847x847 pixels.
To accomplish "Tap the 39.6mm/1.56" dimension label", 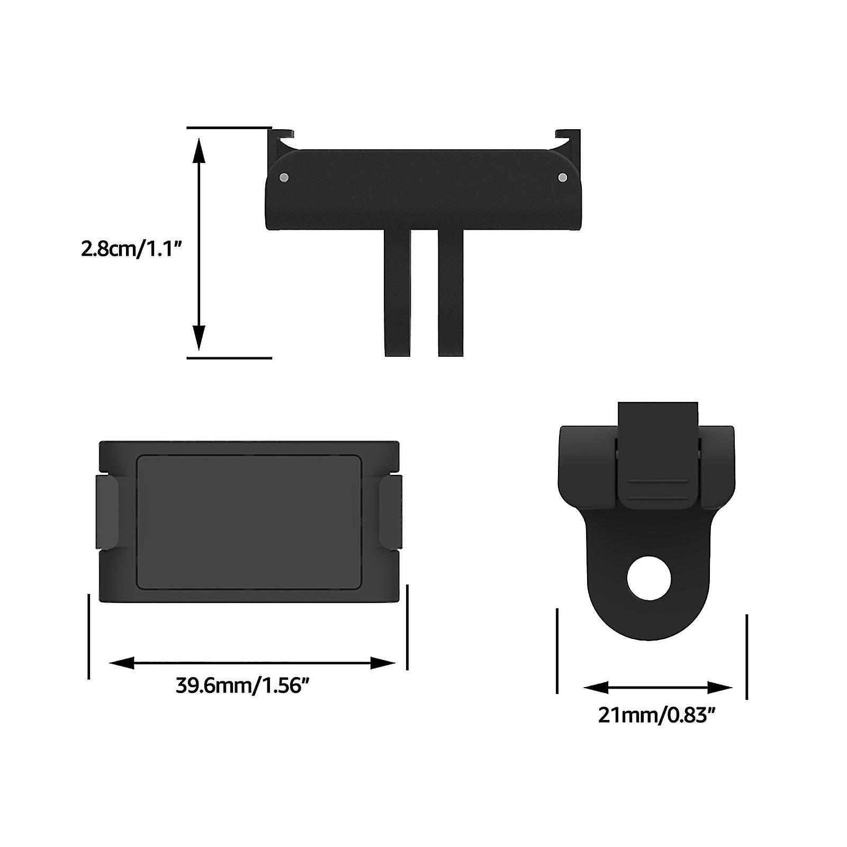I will [242, 686].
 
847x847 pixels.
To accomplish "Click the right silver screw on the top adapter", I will [562, 177].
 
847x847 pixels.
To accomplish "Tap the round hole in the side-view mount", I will [648, 578].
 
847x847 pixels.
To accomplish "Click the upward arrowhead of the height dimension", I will [199, 151].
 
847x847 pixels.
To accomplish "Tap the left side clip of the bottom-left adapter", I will [107, 511].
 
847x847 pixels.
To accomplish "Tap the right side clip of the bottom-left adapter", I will [391, 511].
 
